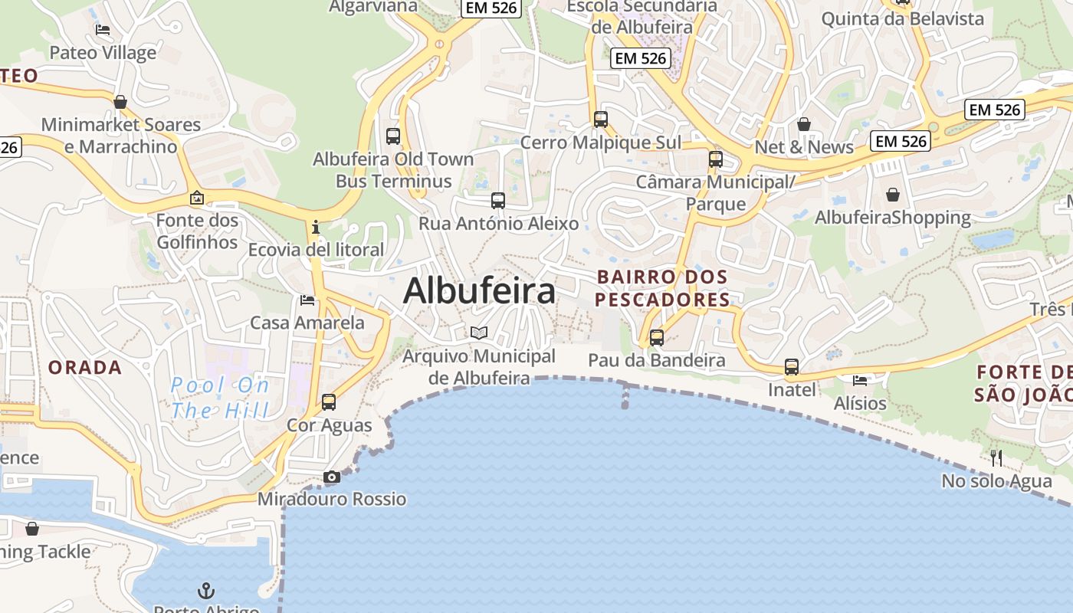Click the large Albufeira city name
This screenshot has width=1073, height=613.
(479, 291)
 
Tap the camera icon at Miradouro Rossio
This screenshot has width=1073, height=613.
(332, 477)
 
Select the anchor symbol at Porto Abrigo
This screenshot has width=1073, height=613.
(205, 590)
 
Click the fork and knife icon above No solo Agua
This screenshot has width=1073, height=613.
(996, 458)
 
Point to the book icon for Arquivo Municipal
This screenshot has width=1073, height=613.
(479, 333)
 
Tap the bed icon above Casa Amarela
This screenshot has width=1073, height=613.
(307, 300)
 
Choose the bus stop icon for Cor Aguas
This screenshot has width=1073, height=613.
(329, 402)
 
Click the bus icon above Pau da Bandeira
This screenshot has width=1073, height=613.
(657, 337)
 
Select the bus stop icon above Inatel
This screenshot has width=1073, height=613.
(792, 367)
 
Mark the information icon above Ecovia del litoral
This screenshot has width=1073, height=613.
(316, 227)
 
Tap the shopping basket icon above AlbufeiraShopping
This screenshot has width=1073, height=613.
(893, 195)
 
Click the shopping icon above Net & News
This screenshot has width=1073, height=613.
(804, 124)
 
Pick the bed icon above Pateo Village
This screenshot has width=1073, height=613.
(103, 30)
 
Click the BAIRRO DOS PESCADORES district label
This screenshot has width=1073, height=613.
(662, 287)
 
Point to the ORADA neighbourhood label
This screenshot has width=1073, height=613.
(85, 368)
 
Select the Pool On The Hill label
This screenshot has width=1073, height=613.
(220, 397)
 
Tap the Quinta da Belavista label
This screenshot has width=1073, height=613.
(902, 19)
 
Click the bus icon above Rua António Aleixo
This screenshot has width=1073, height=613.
(498, 201)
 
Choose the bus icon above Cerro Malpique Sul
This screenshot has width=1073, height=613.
(601, 120)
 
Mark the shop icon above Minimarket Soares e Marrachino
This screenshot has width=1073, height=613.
(120, 102)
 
